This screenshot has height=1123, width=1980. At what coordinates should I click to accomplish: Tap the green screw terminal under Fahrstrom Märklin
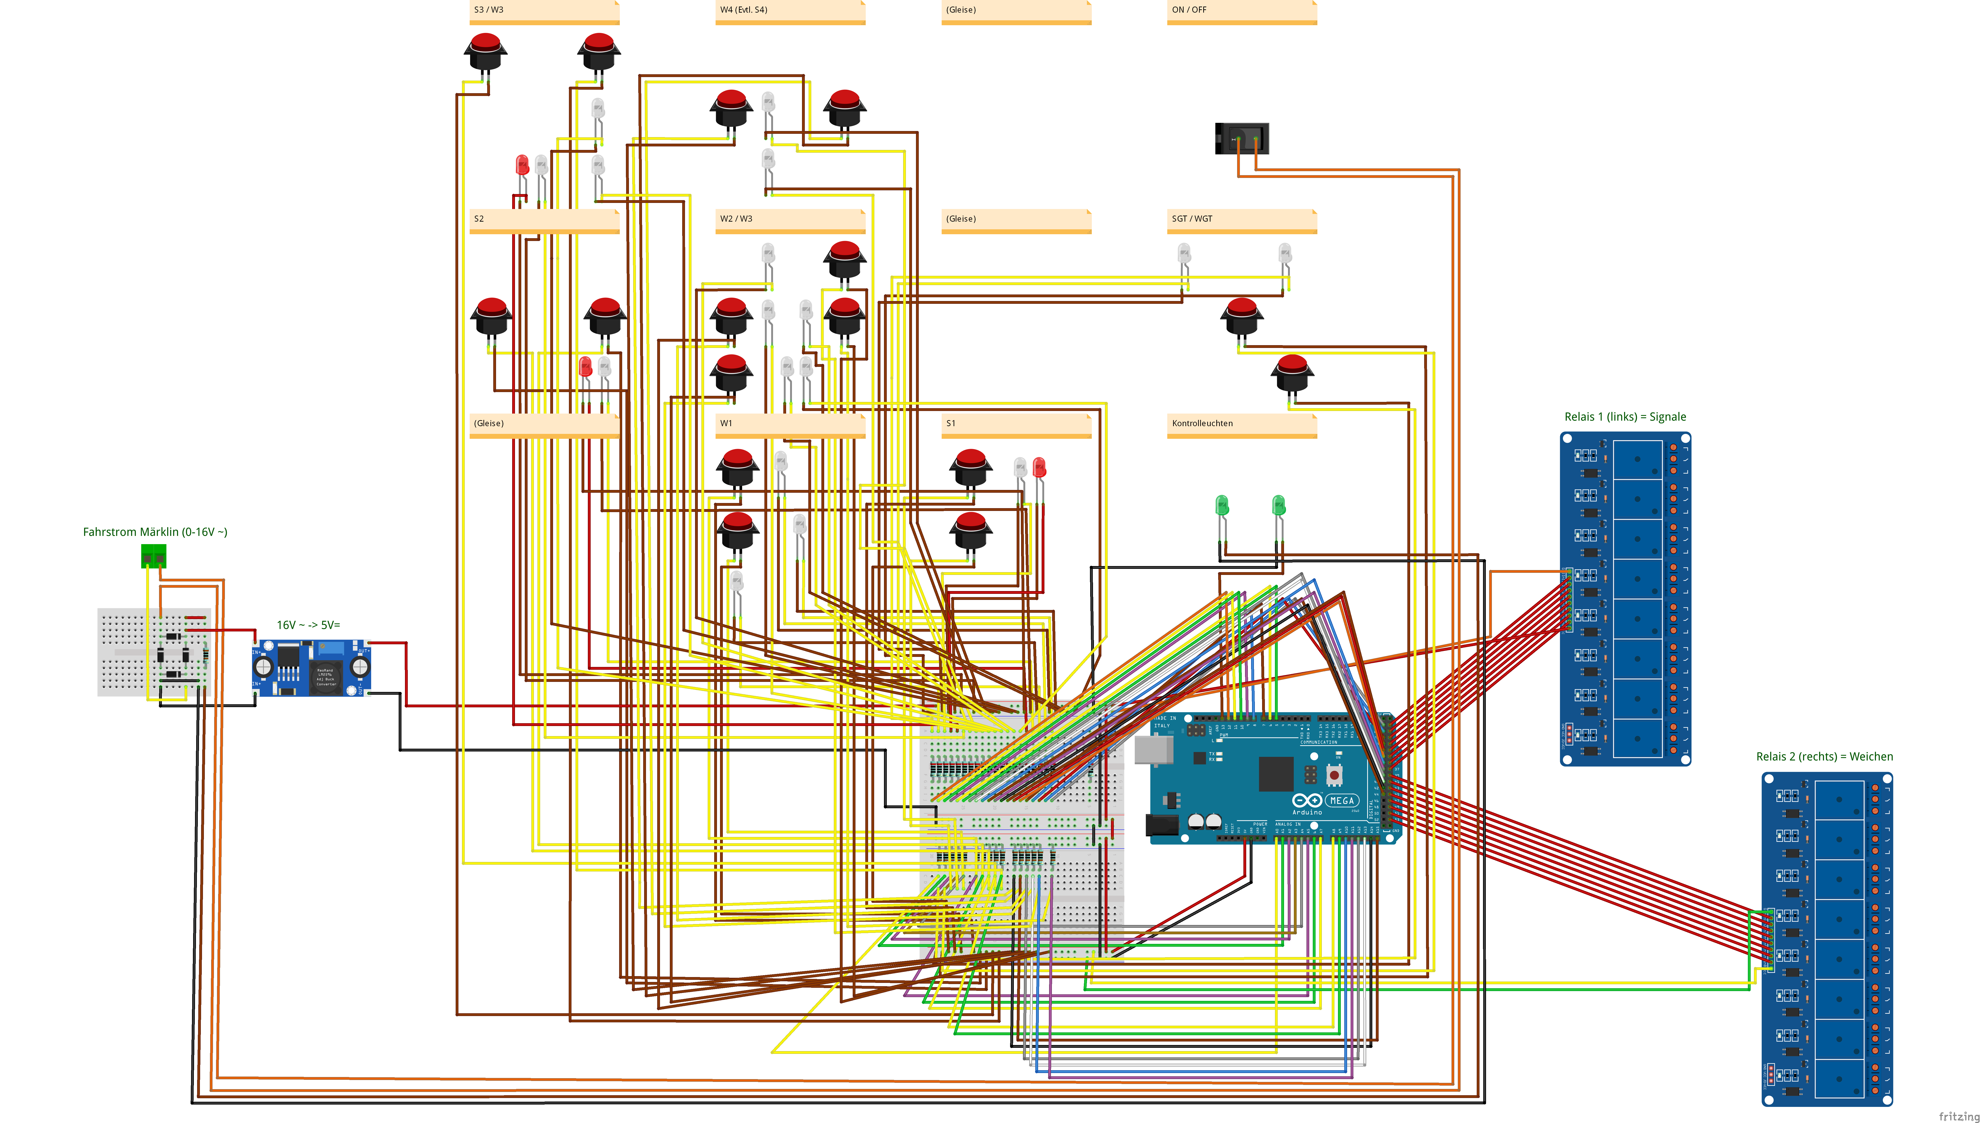153,555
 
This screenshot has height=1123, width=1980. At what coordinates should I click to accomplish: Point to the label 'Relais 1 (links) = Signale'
1624,417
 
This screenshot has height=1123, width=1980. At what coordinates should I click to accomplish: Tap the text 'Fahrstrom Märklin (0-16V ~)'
155,532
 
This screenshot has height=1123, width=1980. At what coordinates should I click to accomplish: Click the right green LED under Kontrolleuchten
1278,506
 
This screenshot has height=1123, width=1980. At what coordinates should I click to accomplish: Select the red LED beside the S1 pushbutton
1039,467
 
